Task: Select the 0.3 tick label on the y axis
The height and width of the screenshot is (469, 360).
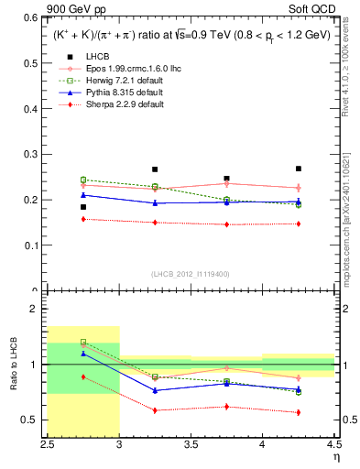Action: [x=34, y=154]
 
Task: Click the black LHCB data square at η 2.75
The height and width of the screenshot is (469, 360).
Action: [x=83, y=207]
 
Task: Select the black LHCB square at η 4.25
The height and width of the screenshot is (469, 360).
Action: [x=298, y=169]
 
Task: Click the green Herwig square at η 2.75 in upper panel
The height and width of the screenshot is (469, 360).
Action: [x=83, y=180]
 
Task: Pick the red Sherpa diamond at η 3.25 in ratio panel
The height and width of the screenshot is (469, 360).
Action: [x=155, y=410]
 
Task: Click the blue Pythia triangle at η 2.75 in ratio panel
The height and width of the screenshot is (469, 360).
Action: [x=83, y=354]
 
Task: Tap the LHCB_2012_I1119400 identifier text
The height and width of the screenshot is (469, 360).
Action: [x=191, y=274]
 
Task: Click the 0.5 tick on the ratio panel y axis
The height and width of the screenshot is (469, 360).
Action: [x=34, y=420]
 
